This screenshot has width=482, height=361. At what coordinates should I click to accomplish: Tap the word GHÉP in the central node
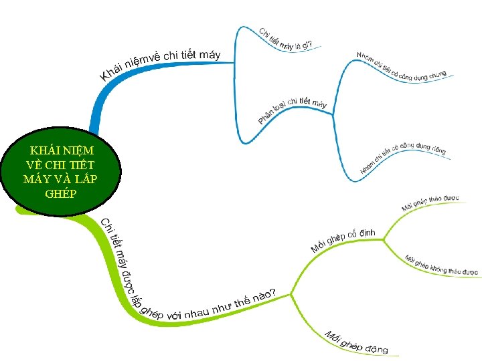point(61,194)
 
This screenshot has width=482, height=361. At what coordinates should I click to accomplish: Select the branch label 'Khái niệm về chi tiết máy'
point(161,64)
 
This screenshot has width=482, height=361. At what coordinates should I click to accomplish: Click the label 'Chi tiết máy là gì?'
point(286,40)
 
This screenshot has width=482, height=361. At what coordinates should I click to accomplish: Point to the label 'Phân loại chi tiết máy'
point(293,110)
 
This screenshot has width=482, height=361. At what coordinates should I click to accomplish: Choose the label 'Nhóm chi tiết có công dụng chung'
point(401,69)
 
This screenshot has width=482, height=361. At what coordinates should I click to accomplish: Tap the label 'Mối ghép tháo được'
point(430,203)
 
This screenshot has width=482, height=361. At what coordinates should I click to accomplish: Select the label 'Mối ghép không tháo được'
point(441,265)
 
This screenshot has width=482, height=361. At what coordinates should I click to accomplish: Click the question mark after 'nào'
point(272,292)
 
